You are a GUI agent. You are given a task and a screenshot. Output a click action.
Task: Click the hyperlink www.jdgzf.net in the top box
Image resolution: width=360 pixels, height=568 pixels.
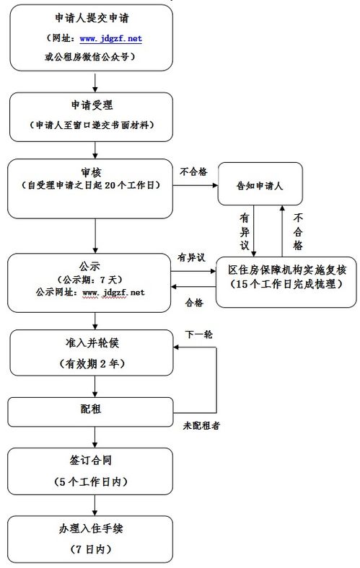[x=110, y=38]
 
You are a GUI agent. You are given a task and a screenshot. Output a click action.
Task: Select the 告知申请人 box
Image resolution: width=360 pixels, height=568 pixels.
[x=260, y=185]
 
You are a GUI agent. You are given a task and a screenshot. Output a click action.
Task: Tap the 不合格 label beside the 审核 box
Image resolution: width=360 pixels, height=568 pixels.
[x=193, y=172]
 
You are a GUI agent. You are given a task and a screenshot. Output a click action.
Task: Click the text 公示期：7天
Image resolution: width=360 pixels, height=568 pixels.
[x=91, y=278]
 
